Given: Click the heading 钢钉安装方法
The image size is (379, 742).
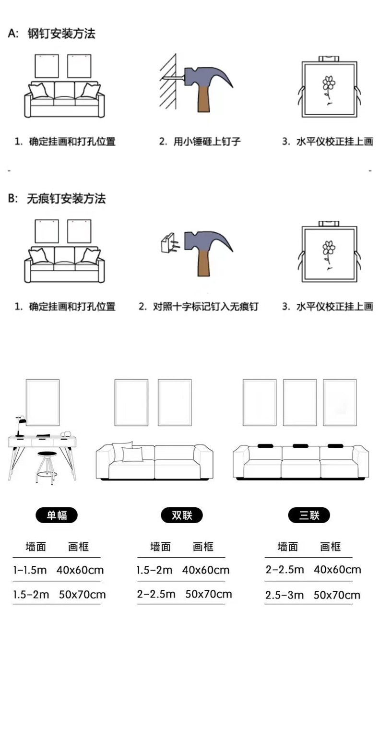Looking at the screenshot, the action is point(61,34).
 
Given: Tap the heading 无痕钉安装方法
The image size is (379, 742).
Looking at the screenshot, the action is point(66,199).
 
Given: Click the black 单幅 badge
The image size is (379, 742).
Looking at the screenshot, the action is point(57,515).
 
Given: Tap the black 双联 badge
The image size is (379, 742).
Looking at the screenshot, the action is point(181,515).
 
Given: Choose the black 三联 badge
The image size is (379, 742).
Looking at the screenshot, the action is point(309,515).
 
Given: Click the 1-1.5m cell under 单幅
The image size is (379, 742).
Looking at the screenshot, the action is point(30,570).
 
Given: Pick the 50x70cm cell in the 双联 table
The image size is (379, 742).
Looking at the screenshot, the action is point(208,594).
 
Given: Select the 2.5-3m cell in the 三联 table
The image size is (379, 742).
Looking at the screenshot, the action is point(284,595).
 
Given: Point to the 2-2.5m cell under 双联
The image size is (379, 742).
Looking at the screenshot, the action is point(156,594).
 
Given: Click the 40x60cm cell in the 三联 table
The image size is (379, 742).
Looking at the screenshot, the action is point(337,570).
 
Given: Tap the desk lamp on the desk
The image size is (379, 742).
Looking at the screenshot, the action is point(20,425).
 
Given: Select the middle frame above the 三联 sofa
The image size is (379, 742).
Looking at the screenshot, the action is point(299,402).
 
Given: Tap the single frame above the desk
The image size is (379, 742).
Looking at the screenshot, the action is point(43,402).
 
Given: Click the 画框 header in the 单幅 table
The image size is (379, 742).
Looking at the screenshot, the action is point(79,546).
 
